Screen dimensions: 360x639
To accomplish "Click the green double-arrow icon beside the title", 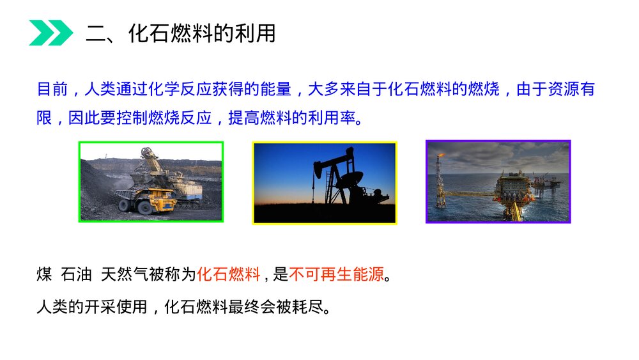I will [50, 33].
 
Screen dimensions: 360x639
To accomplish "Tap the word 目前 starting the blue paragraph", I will [52, 89].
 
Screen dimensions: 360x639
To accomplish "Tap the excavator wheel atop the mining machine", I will [149, 154].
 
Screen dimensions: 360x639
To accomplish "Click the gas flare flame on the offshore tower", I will [439, 154].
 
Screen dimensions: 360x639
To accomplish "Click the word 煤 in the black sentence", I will [44, 275].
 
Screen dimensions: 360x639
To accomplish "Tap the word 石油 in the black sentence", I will [75, 275].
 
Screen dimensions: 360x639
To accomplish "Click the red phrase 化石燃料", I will [228, 275].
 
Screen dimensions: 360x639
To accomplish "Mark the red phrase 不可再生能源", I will [337, 275].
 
